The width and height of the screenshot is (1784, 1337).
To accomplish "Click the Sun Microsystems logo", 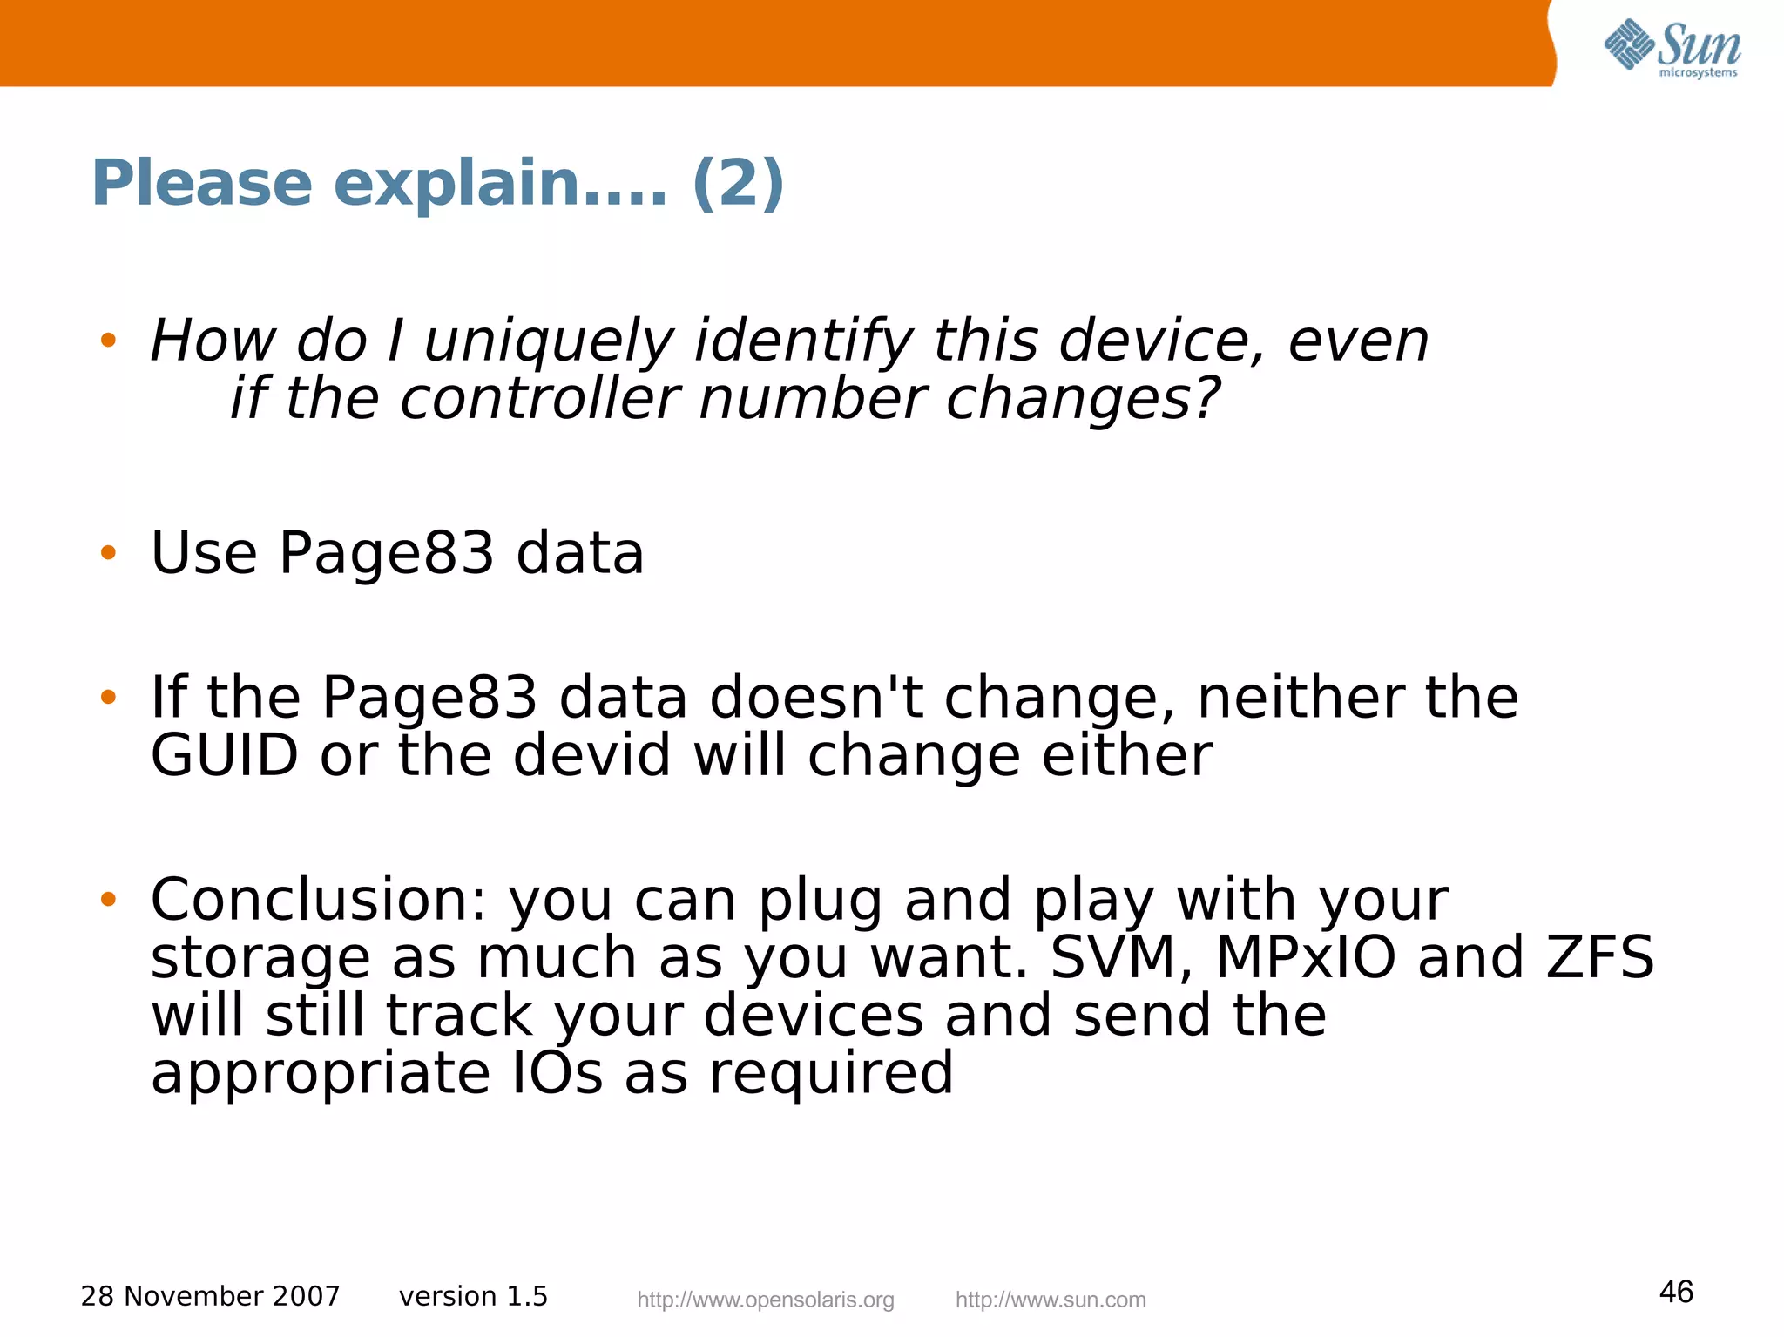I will point(1672,48).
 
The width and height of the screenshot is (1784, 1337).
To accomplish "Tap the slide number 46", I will point(1676,1292).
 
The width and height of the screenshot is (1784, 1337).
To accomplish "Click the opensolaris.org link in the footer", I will point(766,1300).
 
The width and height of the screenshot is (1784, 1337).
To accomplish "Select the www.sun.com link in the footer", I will point(1051,1300).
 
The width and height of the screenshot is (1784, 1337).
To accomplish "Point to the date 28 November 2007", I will point(210,1296).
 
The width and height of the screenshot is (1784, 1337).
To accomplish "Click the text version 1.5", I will point(473,1296).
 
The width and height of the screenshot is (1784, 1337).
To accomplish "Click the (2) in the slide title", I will point(738,183).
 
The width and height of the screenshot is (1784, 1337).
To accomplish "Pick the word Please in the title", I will point(202,183).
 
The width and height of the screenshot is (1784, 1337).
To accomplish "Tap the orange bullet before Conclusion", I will point(108,899).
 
